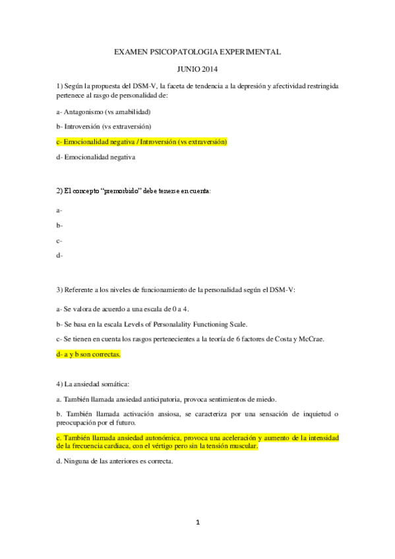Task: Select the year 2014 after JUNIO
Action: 208,69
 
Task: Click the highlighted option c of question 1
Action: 142,141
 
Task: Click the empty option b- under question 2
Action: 59,225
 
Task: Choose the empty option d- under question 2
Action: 59,255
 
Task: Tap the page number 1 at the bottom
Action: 197,523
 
